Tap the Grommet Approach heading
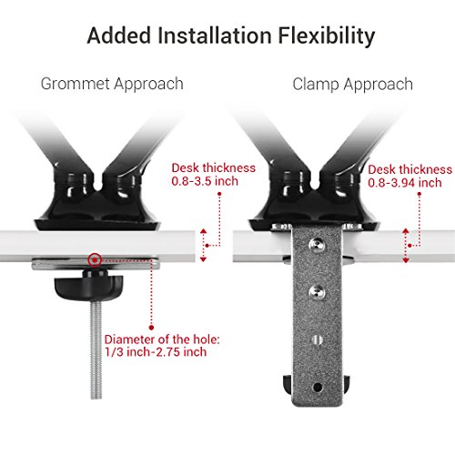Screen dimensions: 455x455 coord(112,84)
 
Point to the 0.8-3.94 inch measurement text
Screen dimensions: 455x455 coord(409,181)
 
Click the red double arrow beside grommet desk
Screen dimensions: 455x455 coord(204,245)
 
